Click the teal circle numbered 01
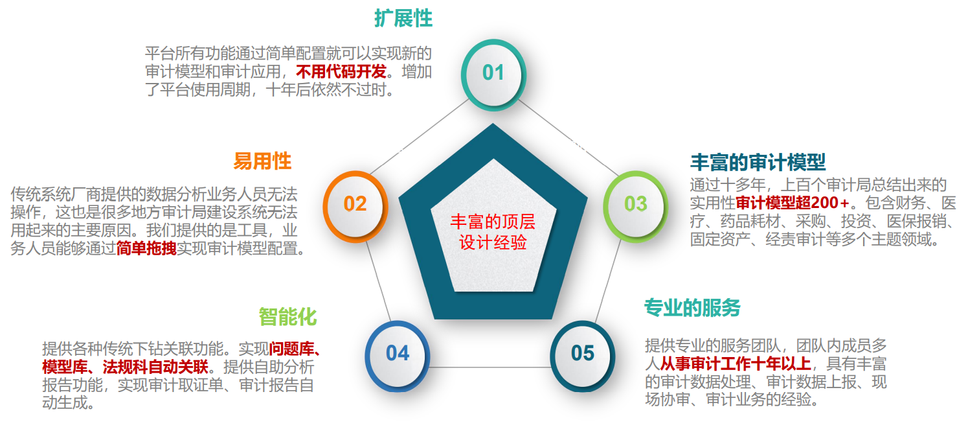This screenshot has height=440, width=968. click(493, 75)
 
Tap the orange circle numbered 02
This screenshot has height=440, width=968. click(355, 206)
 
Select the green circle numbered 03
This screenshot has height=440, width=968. click(635, 206)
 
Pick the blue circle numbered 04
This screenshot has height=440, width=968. click(397, 356)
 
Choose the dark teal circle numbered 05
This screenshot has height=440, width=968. click(583, 356)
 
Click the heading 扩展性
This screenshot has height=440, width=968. click(403, 18)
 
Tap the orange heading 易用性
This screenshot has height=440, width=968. click(262, 161)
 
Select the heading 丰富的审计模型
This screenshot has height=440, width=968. click(758, 162)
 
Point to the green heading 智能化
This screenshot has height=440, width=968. click(287, 317)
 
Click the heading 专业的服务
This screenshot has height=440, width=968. click(692, 308)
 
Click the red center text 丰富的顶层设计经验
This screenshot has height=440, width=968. click(493, 232)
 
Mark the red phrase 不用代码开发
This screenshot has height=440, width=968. click(341, 71)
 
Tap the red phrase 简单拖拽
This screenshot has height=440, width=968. click(146, 248)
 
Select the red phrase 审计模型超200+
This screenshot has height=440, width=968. click(793, 202)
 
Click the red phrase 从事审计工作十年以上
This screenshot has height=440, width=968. click(736, 364)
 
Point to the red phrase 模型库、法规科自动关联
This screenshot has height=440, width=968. click(126, 367)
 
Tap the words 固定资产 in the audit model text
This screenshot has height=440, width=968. click(720, 239)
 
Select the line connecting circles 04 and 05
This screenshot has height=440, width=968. click(490, 368)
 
